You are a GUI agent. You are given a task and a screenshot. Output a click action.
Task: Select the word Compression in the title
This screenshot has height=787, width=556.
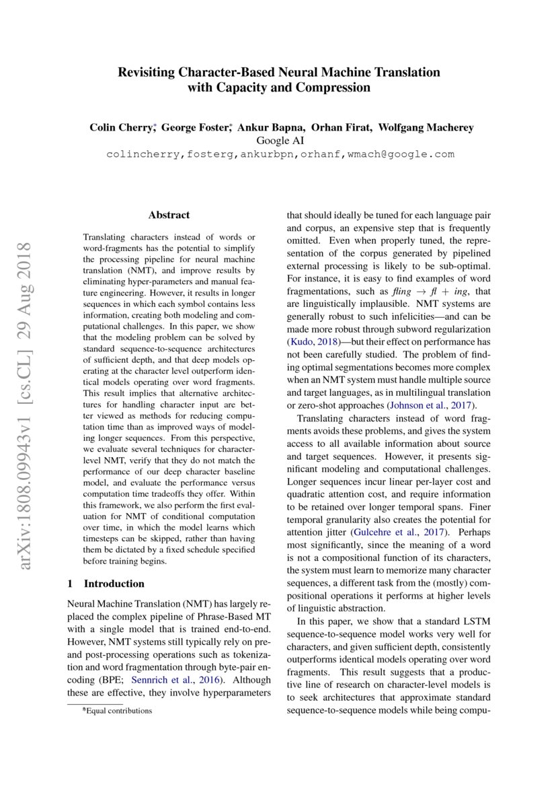pos(333,88)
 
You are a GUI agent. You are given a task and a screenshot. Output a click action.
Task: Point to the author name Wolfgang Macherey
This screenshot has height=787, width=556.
pos(426,128)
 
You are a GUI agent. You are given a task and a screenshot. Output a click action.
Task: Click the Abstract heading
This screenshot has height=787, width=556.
pos(169,215)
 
